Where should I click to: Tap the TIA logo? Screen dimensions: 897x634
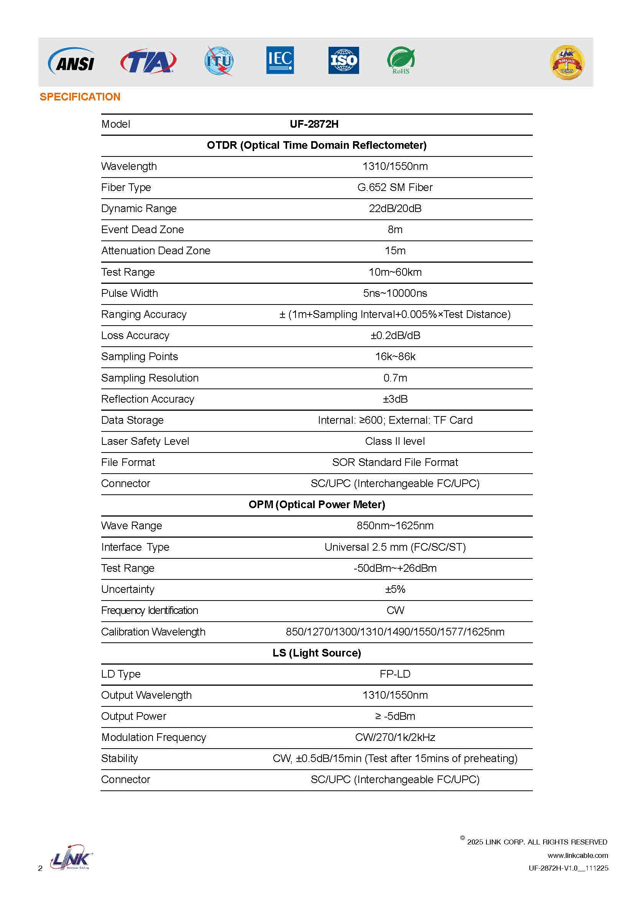coord(148,61)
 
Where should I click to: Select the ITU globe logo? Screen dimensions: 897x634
coord(219,61)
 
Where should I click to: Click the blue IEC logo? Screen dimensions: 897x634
coord(280,60)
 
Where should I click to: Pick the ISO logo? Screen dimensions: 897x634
coord(343,61)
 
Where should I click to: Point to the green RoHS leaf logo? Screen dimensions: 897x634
coord(401,61)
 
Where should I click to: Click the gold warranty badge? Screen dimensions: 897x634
coord(567,63)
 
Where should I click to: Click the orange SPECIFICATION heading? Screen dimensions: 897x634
coord(80,97)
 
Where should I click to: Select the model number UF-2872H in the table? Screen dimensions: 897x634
coord(314,124)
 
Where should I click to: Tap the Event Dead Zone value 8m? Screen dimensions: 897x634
coord(395,230)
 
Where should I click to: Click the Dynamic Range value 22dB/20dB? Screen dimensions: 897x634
coord(395,209)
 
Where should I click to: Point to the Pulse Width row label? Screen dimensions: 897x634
coord(130,293)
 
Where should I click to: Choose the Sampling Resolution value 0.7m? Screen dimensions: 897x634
coord(395,378)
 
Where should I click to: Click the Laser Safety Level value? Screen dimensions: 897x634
coord(395,441)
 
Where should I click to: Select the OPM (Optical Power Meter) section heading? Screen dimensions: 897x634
coord(317,505)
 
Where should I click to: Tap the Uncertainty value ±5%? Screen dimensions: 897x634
coord(395,589)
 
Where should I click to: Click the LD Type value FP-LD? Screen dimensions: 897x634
coord(395,674)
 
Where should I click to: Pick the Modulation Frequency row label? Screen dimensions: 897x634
coord(153,737)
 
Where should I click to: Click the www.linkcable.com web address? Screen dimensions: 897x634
coord(577,856)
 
